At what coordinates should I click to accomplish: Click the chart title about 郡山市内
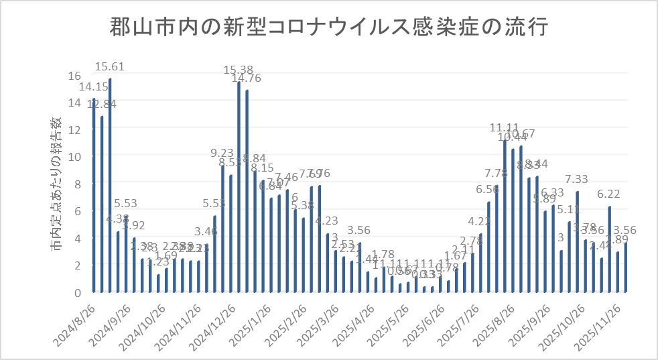[328, 29]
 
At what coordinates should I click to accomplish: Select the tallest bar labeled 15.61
[110, 186]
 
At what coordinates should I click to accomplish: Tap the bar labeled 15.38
[239, 187]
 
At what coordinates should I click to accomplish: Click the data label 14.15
[93, 86]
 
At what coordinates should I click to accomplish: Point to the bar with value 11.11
[505, 216]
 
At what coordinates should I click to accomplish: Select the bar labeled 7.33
[578, 242]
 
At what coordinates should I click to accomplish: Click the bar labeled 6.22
[610, 249]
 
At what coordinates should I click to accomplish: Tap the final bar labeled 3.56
[626, 267]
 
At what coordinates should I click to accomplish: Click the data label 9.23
[222, 152]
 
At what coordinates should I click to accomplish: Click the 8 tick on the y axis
[78, 184]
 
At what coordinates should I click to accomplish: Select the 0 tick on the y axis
[78, 292]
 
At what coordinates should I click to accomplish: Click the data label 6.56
[488, 190]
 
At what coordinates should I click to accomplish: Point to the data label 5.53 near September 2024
[127, 203]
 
